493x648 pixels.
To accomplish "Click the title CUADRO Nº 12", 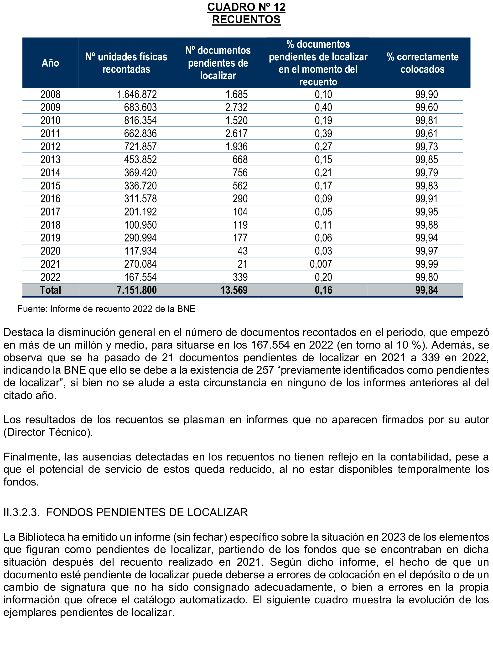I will (246, 7).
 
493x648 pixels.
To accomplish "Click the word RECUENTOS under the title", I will (246, 20).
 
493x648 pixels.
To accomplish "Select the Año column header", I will (50, 63).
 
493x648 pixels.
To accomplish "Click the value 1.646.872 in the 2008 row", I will (137, 94).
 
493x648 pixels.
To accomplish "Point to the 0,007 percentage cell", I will (321, 264).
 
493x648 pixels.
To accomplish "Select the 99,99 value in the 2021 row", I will (426, 264).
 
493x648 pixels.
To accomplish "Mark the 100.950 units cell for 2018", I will (140, 225).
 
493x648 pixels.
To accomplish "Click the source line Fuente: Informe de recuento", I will (106, 309).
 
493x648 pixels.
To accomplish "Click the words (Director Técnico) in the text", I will (48, 432).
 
